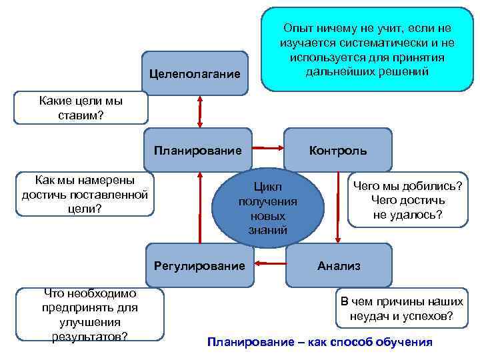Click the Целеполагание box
(x=194, y=73)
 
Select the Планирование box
(x=198, y=150)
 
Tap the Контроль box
(x=337, y=150)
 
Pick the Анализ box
(x=339, y=265)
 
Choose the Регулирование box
(x=199, y=266)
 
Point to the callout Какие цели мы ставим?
(x=81, y=108)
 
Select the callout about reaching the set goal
(x=85, y=194)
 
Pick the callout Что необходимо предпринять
(x=89, y=314)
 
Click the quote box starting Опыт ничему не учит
(x=366, y=49)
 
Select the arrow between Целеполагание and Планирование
(x=199, y=111)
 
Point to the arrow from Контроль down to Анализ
(x=338, y=207)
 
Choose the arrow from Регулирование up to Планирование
(x=199, y=207)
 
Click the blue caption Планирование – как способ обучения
(x=320, y=343)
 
